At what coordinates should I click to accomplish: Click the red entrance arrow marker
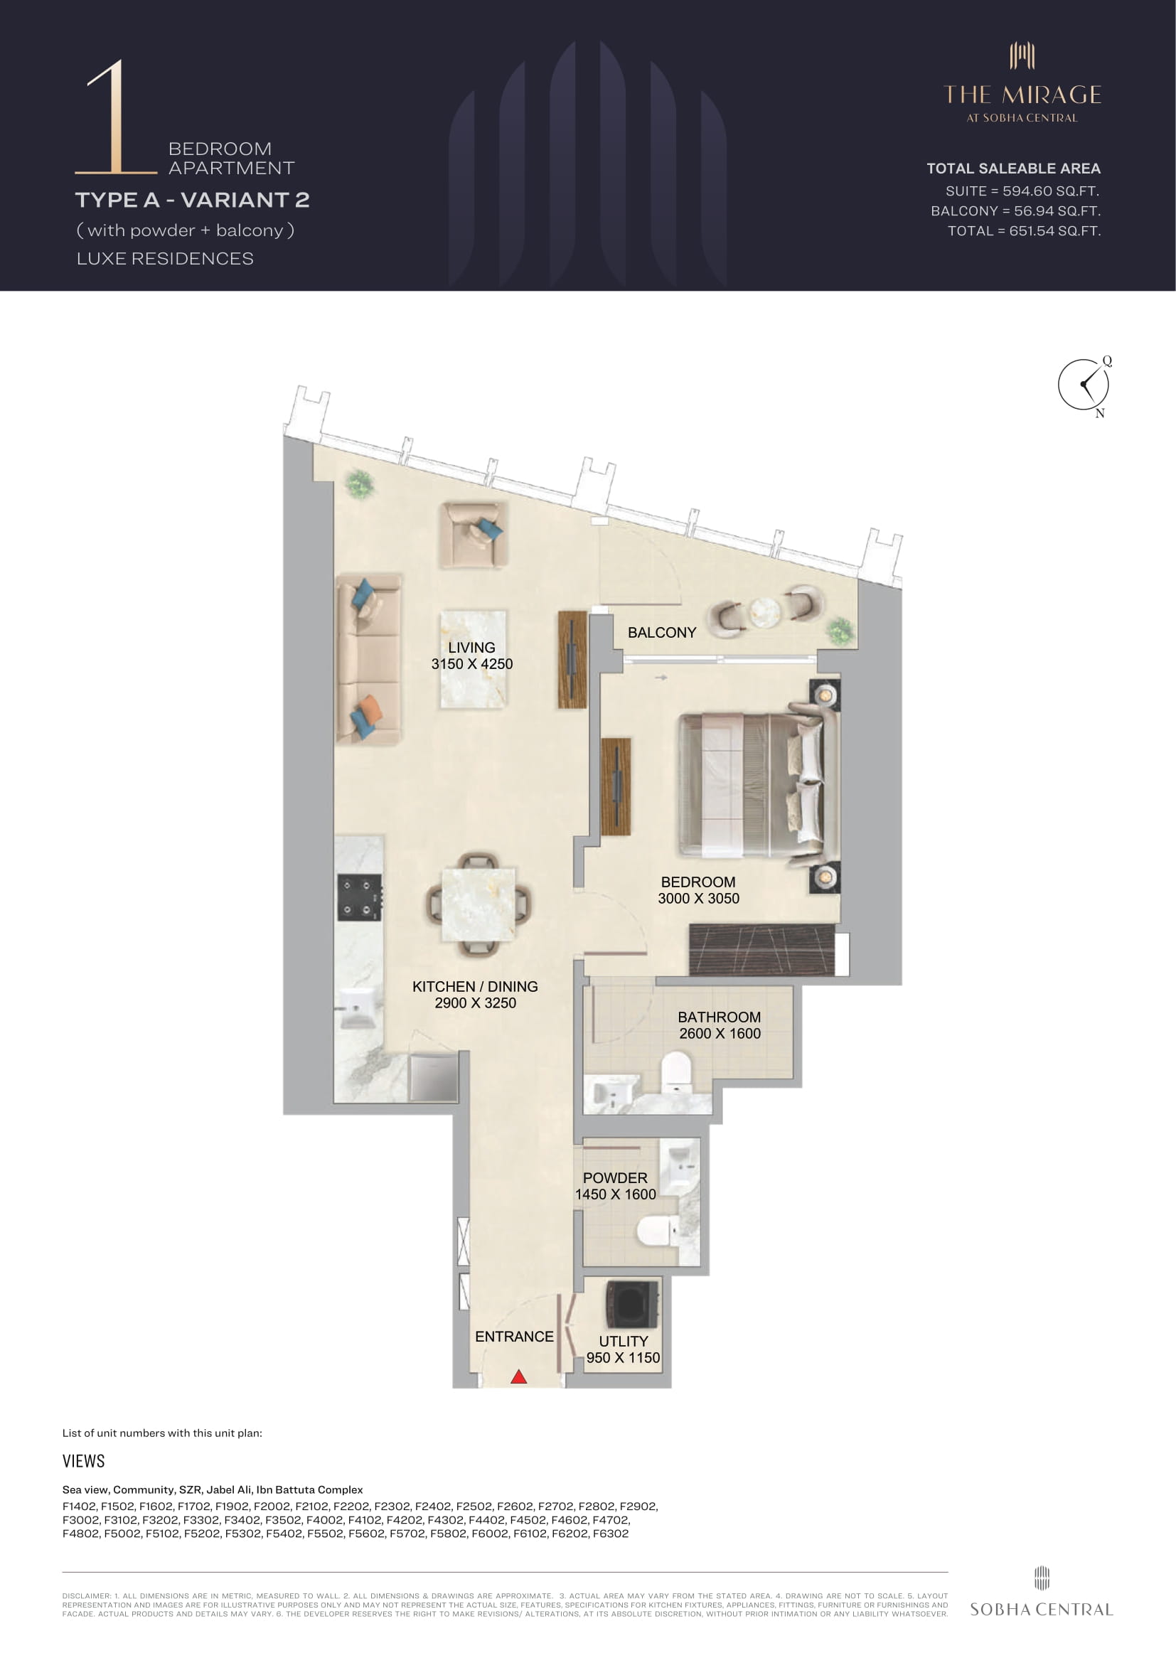tap(518, 1376)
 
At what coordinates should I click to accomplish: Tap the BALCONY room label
tap(662, 632)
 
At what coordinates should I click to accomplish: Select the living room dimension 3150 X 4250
tap(472, 663)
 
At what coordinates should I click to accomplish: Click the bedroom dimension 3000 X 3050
tap(699, 898)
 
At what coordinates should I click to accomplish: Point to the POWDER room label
tap(615, 1177)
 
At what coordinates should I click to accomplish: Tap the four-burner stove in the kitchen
tap(359, 897)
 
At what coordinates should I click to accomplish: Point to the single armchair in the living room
tap(473, 535)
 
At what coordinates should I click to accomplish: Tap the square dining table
tap(479, 904)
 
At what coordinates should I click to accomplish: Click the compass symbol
tap(1084, 385)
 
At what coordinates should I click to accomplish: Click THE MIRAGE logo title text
tap(1022, 95)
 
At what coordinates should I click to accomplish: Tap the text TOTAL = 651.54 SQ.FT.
tap(1024, 231)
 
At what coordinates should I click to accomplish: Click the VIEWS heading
tap(83, 1461)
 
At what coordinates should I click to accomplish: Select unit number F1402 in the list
tap(80, 1506)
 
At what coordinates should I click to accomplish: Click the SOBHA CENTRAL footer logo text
tap(1042, 1610)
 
